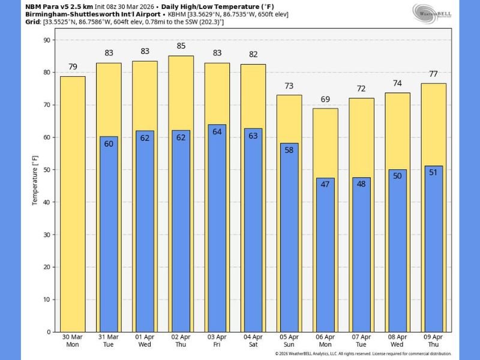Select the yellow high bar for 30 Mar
pos(73,204)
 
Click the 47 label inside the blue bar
pos(325,185)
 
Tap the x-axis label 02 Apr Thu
pos(181,341)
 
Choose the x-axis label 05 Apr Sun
pos(289,341)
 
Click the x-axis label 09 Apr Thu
pos(434,341)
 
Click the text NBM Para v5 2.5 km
pos(59,5)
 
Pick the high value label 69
pos(325,98)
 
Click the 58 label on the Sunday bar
pos(289,150)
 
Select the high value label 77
pos(434,73)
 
